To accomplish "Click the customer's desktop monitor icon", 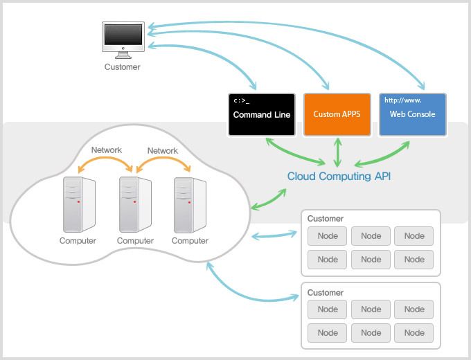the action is (x=123, y=40).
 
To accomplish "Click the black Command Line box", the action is (x=262, y=114).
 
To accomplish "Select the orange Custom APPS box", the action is (x=337, y=114).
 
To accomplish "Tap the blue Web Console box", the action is (x=413, y=114).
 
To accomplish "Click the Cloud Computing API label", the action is (x=339, y=177).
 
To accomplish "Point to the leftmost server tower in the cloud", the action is (x=79, y=204).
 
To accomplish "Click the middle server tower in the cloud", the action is (x=135, y=204).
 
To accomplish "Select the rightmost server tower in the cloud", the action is (x=190, y=205).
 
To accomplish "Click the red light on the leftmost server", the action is (x=79, y=201).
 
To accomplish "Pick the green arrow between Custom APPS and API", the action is (x=337, y=152).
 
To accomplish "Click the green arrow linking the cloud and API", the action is (x=268, y=199).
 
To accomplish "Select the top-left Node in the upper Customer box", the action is (x=327, y=236).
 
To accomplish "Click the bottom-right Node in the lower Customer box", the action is (x=414, y=333).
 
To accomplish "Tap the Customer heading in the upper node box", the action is (x=326, y=219).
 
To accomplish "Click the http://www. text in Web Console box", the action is (x=403, y=100).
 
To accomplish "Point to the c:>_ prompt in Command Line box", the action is (x=241, y=100).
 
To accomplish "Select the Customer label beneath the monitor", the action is (x=123, y=67).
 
